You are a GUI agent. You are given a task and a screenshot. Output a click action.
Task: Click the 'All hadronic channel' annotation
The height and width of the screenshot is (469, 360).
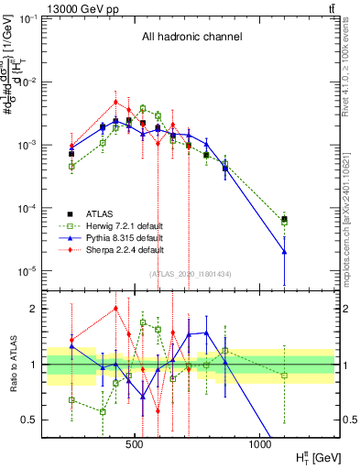point(190,38)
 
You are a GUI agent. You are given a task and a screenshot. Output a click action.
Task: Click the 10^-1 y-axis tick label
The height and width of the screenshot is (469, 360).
point(28,19)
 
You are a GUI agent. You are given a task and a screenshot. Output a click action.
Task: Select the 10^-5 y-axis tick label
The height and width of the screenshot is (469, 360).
point(28,271)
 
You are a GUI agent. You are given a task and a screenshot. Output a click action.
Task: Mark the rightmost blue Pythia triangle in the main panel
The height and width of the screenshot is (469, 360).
point(285,251)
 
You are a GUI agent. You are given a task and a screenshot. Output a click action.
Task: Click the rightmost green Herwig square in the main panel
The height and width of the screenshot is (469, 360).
point(285,221)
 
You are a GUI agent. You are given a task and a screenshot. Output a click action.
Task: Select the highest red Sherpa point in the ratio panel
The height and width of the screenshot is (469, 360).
point(115,309)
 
